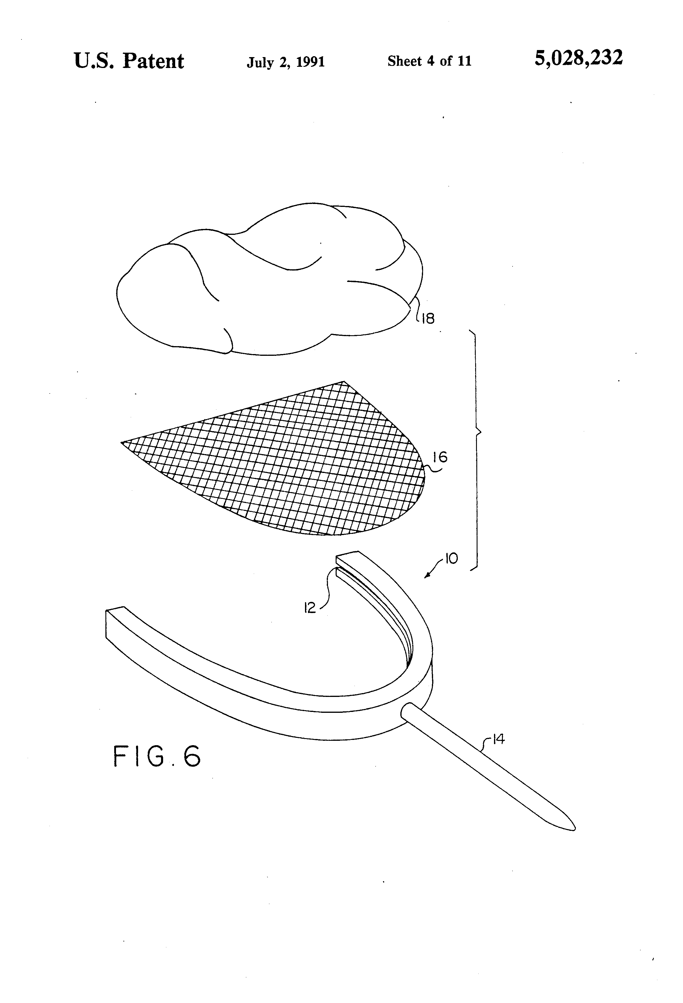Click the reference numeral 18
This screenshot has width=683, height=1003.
coord(428,319)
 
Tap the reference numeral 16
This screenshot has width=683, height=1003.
coord(440,457)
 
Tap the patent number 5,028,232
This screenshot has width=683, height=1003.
coord(578,58)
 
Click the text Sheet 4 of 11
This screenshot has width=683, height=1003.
coord(429,61)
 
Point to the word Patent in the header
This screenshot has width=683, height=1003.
coord(153,61)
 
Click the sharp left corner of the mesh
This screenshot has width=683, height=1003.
coord(122,442)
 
